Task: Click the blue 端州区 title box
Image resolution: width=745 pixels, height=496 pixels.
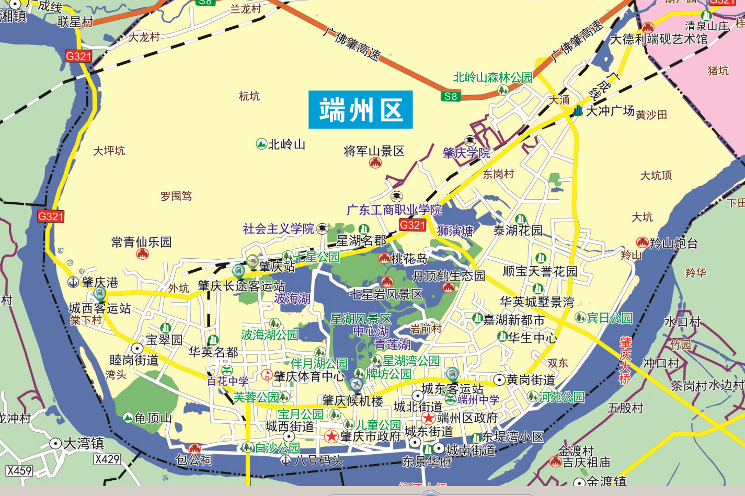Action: point(360,110)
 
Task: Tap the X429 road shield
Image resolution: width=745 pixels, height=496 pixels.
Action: point(107,459)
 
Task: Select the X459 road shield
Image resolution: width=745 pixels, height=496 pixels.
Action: point(19,470)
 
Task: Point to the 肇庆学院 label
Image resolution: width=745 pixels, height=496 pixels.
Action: point(466,153)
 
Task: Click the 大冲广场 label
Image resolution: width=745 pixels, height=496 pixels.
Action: point(610,111)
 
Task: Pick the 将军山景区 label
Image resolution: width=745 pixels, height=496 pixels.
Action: point(374,151)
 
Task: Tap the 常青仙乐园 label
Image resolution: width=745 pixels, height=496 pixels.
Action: point(141,242)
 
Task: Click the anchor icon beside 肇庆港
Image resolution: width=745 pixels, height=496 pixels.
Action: point(73,282)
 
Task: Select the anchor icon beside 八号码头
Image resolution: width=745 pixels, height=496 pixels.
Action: point(285,460)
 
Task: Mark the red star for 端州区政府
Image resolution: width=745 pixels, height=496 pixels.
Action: point(428,418)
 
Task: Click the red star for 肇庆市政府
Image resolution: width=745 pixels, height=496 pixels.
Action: point(331,436)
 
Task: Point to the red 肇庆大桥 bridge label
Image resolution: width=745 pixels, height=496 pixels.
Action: point(625,361)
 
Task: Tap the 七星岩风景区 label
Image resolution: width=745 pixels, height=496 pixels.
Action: point(385,294)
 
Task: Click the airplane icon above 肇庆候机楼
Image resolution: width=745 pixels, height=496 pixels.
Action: point(357,385)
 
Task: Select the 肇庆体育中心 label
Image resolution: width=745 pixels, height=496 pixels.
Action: point(309,376)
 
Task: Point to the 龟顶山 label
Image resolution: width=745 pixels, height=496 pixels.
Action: point(153,418)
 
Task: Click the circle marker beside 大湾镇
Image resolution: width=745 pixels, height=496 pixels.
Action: point(55,443)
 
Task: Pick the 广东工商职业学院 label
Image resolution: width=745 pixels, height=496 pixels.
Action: point(394,210)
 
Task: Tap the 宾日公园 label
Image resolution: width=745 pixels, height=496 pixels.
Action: point(609,318)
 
